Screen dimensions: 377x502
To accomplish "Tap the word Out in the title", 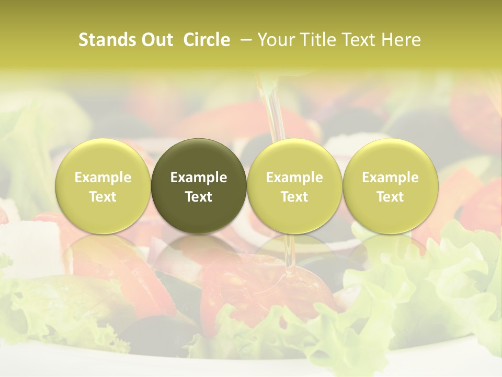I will click(155, 40).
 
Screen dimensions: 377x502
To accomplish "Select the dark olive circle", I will click(199, 186).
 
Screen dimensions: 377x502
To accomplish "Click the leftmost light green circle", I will click(103, 186).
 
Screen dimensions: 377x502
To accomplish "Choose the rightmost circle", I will click(391, 186).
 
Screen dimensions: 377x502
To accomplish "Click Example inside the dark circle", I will click(199, 178).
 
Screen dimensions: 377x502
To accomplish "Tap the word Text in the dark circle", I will click(199, 197).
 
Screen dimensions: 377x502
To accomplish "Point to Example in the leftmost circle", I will click(103, 178).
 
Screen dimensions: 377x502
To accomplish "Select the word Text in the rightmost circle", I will click(391, 197).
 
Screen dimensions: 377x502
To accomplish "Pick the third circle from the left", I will click(294, 186).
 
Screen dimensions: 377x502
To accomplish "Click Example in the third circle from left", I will click(294, 178).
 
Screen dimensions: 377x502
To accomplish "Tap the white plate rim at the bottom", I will click(251, 364).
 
